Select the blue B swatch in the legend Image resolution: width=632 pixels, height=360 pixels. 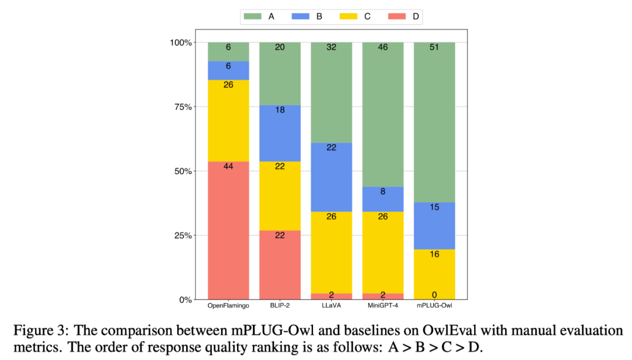301,16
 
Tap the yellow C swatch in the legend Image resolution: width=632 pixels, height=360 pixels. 350,16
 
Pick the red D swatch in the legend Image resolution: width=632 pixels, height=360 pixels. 398,16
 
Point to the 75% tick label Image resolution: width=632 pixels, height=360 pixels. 181,107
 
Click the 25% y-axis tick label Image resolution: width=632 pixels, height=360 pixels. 181,236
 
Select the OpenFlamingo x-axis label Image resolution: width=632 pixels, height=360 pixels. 228,306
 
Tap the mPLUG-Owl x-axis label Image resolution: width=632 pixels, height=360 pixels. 434,306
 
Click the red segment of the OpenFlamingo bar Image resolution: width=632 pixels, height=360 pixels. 228,234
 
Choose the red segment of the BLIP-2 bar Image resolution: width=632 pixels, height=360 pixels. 280,266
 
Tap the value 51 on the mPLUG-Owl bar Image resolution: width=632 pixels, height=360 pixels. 434,47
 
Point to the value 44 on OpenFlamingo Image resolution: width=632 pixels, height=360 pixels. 228,166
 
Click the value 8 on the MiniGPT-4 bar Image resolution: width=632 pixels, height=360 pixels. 383,191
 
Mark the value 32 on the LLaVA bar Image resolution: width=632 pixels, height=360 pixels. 331,47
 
